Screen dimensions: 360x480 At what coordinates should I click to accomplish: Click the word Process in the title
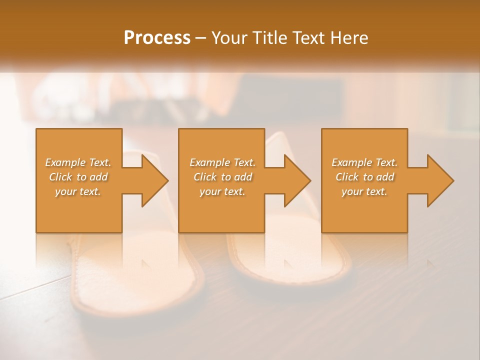click(157, 37)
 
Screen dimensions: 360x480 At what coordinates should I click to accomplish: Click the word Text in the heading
click(307, 37)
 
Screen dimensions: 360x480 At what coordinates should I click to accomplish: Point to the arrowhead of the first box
click(154, 180)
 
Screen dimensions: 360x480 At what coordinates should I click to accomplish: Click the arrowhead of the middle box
click(297, 180)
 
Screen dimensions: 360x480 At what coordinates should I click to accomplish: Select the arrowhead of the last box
click(440, 180)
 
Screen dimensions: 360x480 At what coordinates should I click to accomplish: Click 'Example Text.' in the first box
click(78, 162)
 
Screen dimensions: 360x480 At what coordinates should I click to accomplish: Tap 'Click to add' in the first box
click(78, 177)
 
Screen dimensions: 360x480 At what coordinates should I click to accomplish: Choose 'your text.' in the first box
click(78, 191)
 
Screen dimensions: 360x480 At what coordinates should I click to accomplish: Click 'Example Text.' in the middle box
click(222, 162)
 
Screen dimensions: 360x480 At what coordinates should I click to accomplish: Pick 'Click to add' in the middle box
click(222, 177)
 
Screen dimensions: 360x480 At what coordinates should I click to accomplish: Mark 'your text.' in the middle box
click(222, 191)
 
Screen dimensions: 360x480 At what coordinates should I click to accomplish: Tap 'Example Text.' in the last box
click(364, 162)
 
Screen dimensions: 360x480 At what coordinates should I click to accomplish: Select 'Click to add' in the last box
click(364, 177)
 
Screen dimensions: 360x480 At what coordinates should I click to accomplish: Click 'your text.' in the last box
click(364, 191)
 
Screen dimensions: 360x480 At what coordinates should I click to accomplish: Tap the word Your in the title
click(228, 37)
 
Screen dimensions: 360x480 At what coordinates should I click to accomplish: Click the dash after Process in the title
click(201, 38)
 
